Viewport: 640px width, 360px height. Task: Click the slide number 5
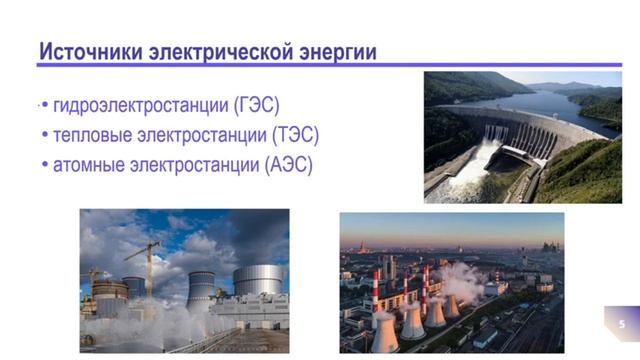pyautogui.click(x=622, y=324)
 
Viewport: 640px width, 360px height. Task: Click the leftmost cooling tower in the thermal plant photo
pyautogui.click(x=385, y=330)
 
